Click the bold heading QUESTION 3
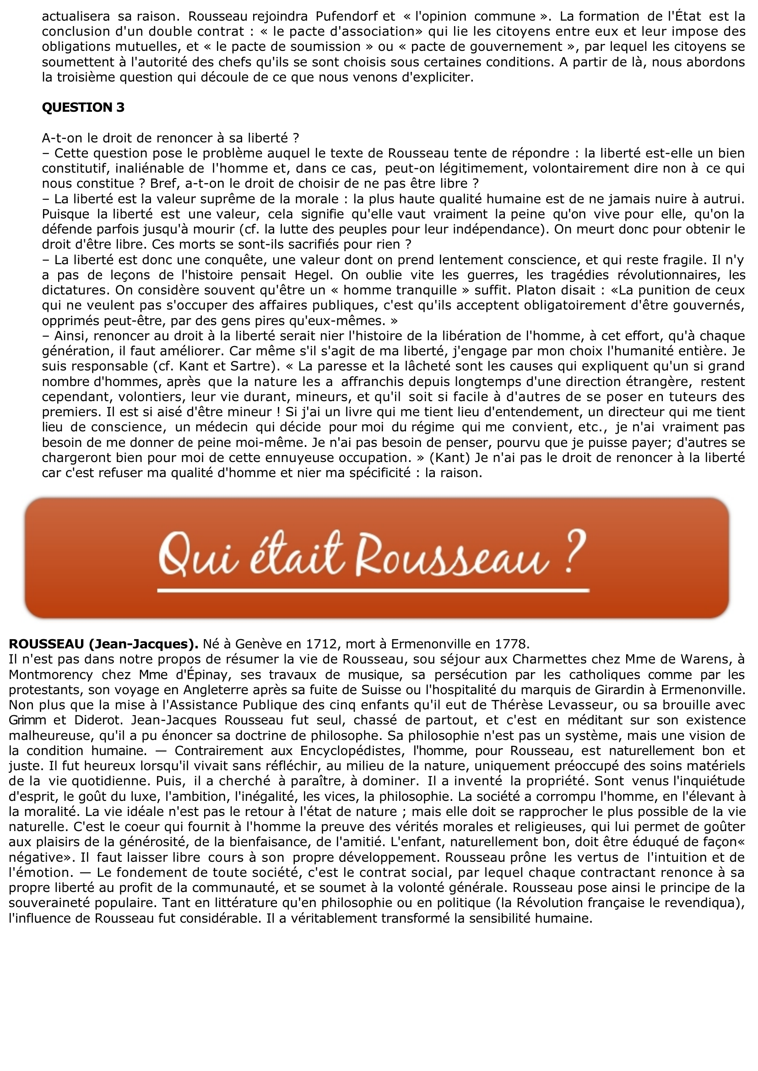83,108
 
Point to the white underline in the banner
374,591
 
